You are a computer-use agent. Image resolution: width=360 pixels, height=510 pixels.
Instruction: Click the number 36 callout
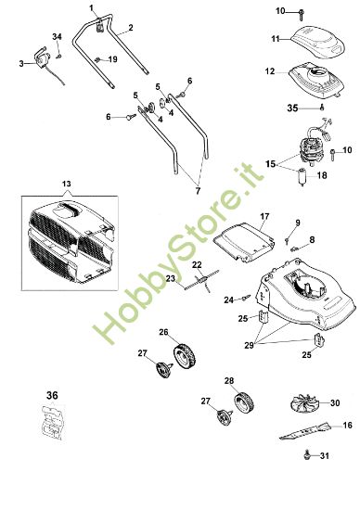click(x=51, y=395)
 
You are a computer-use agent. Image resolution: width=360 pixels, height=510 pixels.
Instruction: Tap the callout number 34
click(x=57, y=36)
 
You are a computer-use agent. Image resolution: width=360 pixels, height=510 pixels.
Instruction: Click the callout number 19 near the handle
click(x=113, y=59)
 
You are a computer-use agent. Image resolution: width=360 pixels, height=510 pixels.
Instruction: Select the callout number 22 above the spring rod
click(x=197, y=265)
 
